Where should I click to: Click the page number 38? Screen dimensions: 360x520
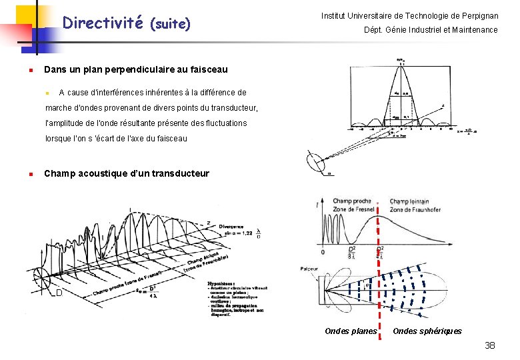pos(490,345)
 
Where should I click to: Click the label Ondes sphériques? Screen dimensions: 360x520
pos(427,331)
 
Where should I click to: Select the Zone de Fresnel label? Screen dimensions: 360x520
pos(354,210)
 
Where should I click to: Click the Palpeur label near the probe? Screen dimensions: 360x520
pos(309,270)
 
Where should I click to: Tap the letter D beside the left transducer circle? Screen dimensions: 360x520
pos(59,293)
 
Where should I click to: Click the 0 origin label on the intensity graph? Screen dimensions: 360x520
pos(323,252)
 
